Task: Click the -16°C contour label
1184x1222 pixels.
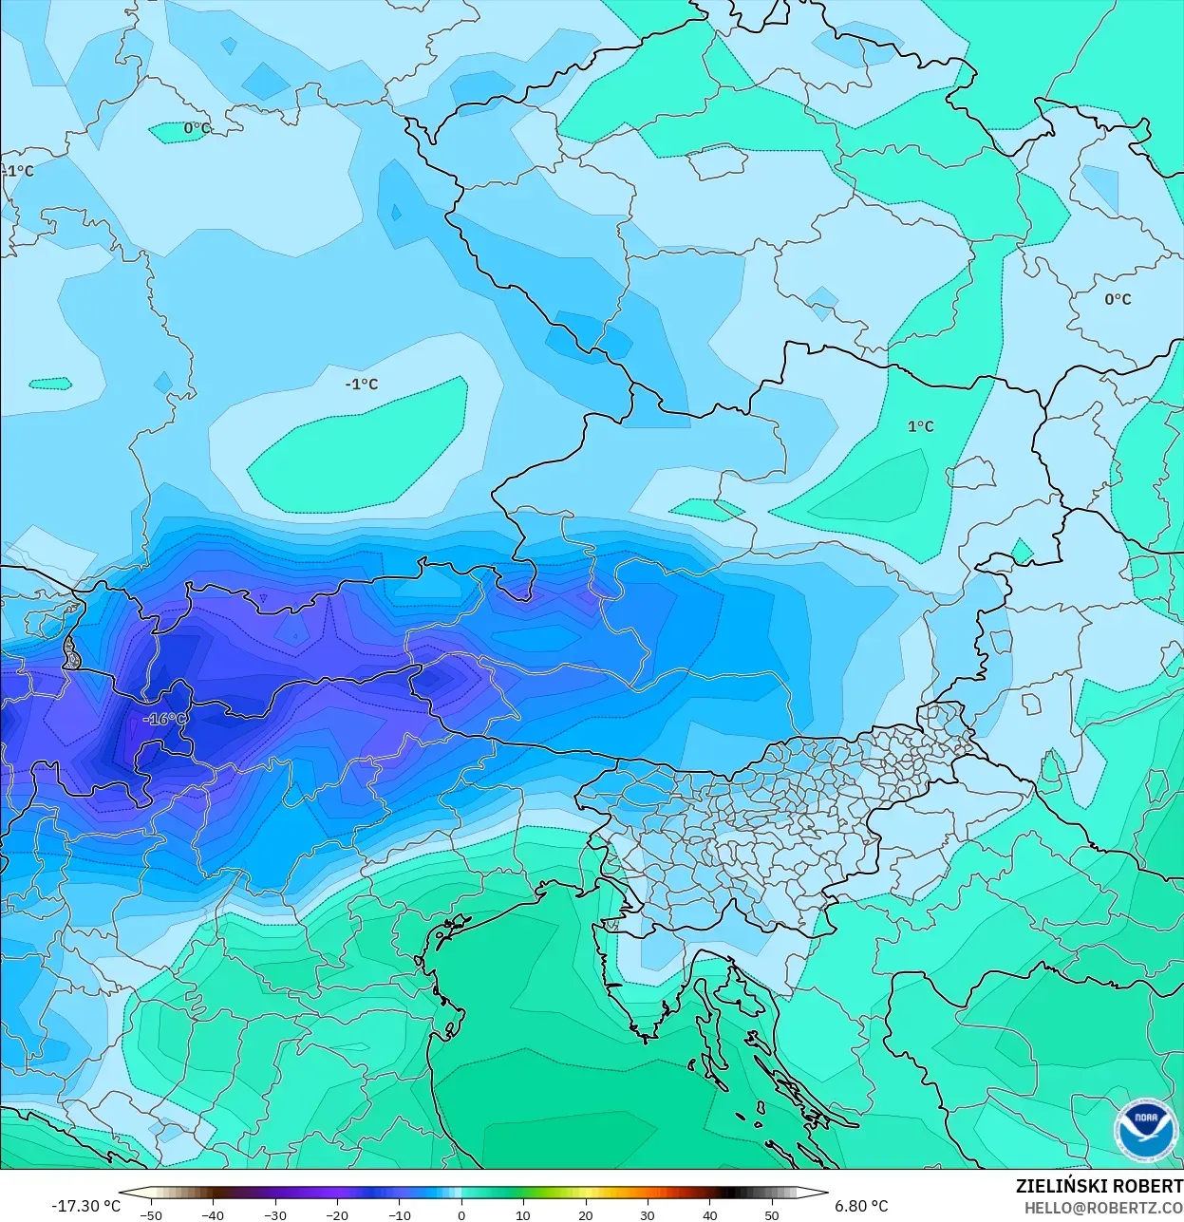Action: [164, 719]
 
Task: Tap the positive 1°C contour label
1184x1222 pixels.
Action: [920, 426]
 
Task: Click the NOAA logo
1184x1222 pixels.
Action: [1144, 1130]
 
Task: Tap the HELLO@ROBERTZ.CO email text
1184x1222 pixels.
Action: [1103, 1207]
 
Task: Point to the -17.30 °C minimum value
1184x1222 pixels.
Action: [85, 1206]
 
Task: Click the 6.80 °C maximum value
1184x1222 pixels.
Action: [861, 1206]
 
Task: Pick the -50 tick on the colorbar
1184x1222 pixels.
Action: [150, 1214]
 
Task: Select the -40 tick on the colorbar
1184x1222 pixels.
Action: [213, 1214]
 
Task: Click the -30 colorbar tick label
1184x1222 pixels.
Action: [274, 1214]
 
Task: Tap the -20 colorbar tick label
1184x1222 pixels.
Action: [337, 1214]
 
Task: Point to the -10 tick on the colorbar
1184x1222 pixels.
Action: [399, 1214]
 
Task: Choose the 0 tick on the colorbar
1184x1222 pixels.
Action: [461, 1214]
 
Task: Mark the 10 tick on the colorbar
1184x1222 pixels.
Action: [523, 1214]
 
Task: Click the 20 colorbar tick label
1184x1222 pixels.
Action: [585, 1214]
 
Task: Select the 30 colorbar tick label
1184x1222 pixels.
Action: [648, 1214]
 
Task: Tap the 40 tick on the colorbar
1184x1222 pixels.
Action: [709, 1214]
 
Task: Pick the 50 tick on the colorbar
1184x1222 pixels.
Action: [772, 1214]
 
